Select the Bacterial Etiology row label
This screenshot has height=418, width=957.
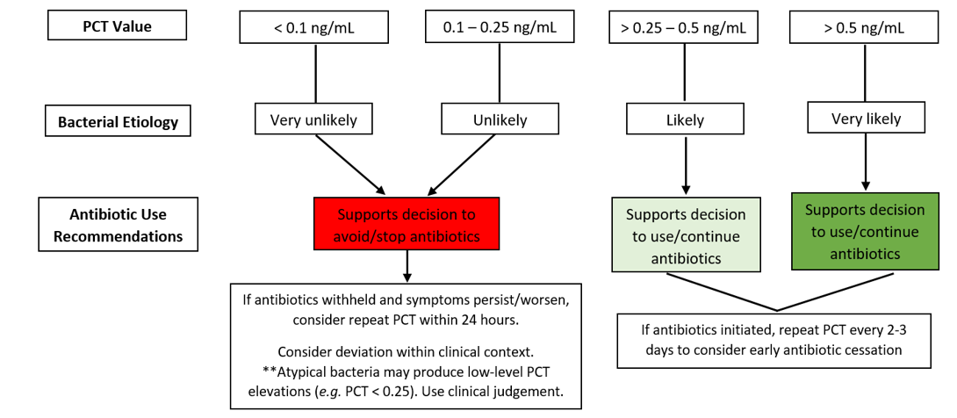(x=119, y=122)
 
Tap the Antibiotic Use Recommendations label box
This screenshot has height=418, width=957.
(x=119, y=224)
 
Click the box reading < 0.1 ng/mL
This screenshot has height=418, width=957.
(x=313, y=28)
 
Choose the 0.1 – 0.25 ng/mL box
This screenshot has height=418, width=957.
(x=500, y=28)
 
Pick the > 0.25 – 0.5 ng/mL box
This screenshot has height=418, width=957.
(x=684, y=28)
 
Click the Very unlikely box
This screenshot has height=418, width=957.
(x=313, y=119)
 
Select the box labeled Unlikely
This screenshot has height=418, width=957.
(x=500, y=119)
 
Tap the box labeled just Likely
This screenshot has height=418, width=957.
(x=686, y=119)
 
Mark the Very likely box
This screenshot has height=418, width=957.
(x=866, y=118)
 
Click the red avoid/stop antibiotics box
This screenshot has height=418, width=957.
(x=407, y=223)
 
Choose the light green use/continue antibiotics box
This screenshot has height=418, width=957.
(x=686, y=234)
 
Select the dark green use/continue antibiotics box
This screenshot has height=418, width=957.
(x=866, y=231)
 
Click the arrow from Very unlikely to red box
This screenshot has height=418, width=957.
(x=351, y=163)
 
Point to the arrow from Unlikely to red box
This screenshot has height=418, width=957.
(x=463, y=163)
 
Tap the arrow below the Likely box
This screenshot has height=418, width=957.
(x=686, y=165)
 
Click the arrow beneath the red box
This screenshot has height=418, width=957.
(x=407, y=266)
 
